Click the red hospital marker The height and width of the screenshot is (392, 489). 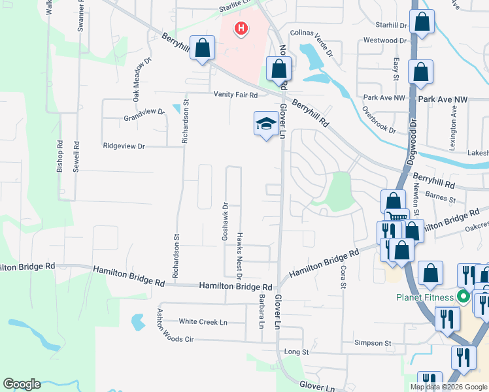[241, 29]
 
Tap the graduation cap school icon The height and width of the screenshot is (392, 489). [265, 123]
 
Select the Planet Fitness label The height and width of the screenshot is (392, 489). [424, 298]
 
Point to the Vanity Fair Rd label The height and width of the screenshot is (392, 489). [236, 95]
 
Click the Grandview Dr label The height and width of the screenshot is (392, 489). [144, 112]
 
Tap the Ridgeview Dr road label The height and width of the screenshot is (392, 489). [124, 146]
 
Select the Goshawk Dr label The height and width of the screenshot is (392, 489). [225, 221]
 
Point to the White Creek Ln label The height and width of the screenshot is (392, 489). [203, 321]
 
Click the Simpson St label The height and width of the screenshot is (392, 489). [372, 342]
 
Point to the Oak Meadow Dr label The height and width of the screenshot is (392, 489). [142, 78]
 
